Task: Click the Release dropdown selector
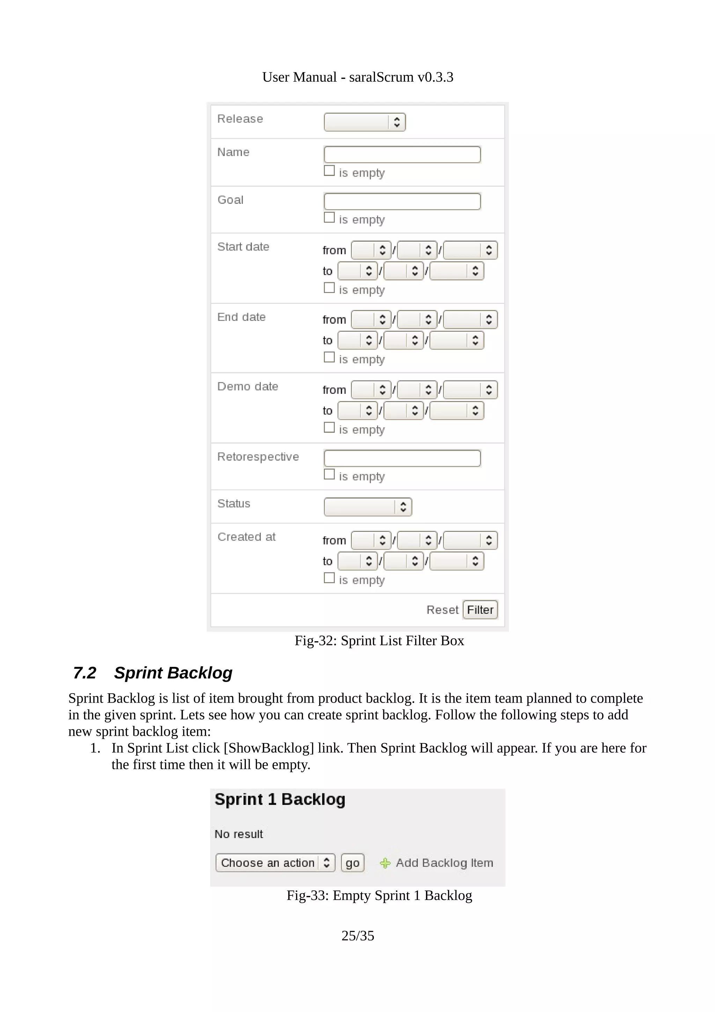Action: (x=364, y=122)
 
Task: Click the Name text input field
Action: (x=402, y=155)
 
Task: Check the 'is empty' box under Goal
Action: (x=329, y=218)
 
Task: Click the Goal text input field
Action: (x=402, y=201)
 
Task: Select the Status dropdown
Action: (x=367, y=507)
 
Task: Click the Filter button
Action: (x=480, y=610)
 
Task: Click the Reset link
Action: (x=442, y=610)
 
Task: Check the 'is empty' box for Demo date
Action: (x=329, y=427)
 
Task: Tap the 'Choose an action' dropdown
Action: (x=275, y=863)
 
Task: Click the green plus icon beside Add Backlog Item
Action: (x=385, y=863)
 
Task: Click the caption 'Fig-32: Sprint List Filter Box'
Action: (x=379, y=640)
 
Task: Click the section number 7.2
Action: (x=84, y=673)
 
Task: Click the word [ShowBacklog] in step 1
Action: (x=269, y=748)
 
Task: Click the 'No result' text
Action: (x=238, y=834)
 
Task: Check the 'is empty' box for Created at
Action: (x=329, y=578)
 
